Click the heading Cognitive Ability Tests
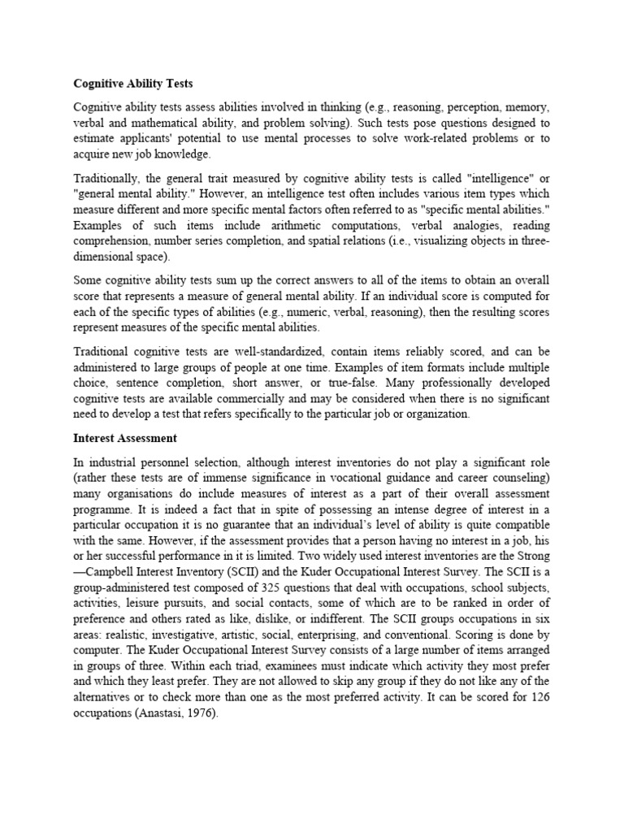pyautogui.click(x=133, y=83)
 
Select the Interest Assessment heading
pyautogui.click(x=125, y=438)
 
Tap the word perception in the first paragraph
pyautogui.click(x=457, y=107)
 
